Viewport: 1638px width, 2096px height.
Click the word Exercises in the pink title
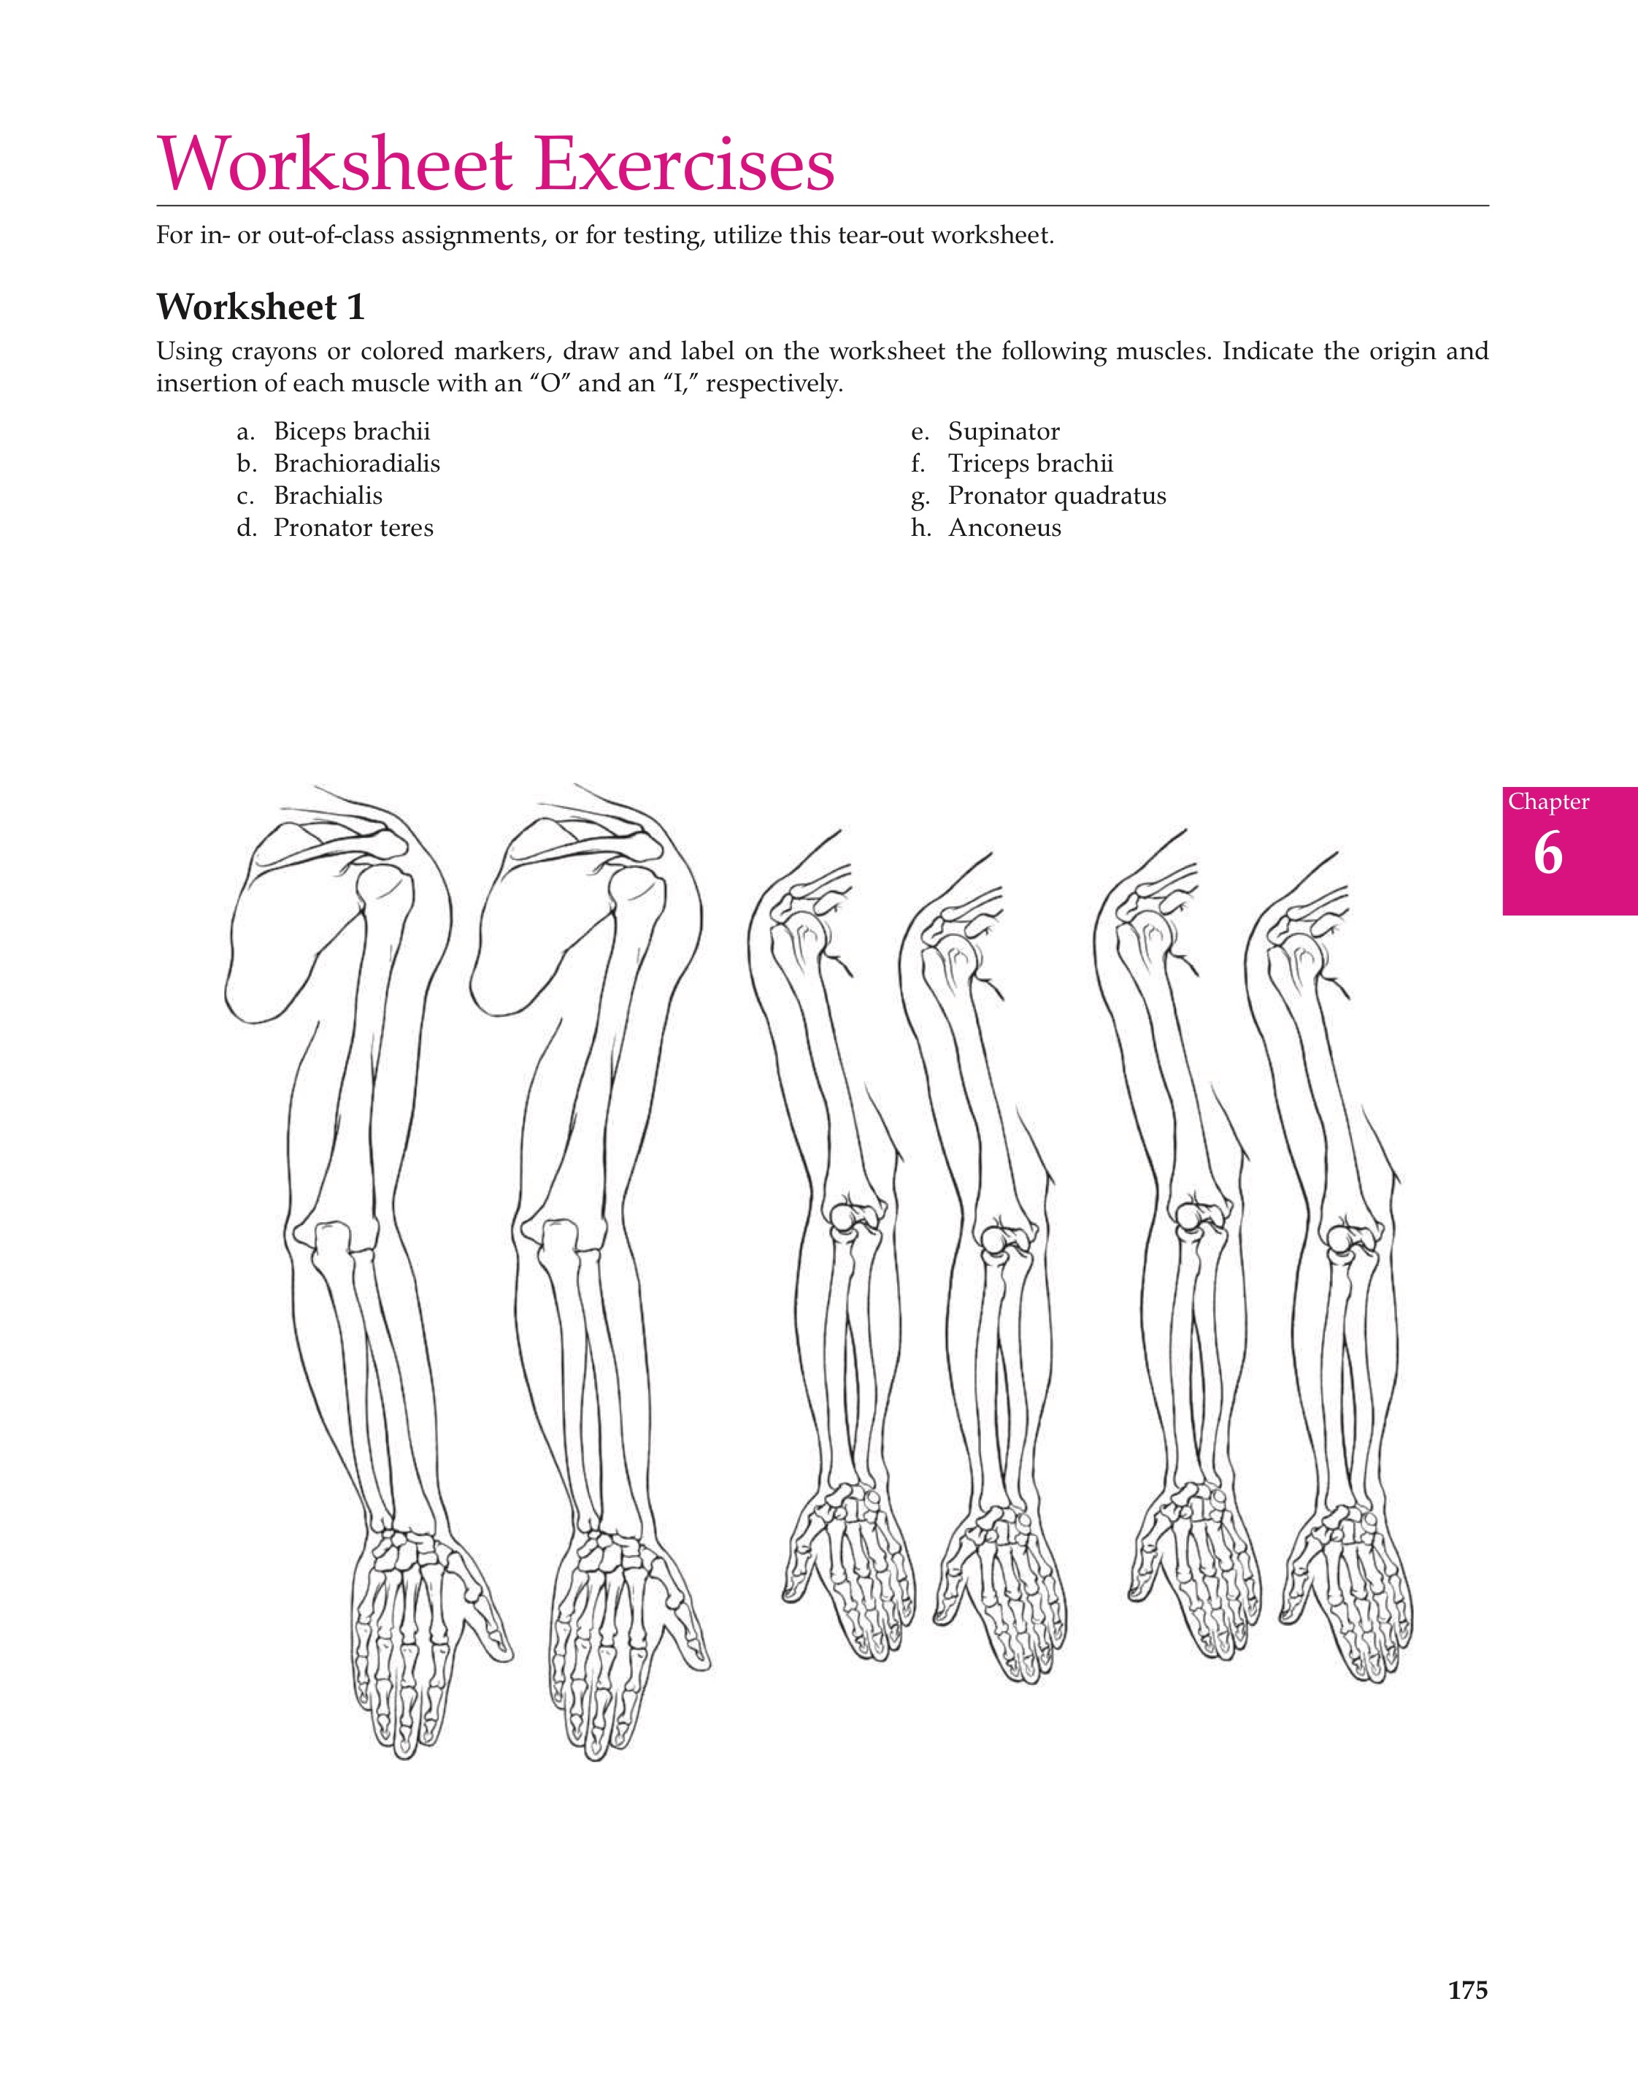[684, 165]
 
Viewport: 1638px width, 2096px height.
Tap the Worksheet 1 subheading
[261, 308]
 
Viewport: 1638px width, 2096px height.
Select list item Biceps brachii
[351, 432]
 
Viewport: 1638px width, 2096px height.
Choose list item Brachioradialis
[356, 464]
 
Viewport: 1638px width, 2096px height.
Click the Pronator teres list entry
[353, 528]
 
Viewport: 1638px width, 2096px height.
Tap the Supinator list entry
[1004, 432]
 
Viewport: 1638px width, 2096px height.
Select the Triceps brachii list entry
[1031, 464]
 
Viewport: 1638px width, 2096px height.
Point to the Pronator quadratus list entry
[1056, 496]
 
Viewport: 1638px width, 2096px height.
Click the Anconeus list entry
[1004, 528]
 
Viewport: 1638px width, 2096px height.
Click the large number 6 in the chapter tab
[1547, 853]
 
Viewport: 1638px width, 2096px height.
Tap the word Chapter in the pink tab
[1547, 802]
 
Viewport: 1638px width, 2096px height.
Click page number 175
[1467, 1992]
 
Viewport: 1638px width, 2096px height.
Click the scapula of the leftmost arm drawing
[288, 921]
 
